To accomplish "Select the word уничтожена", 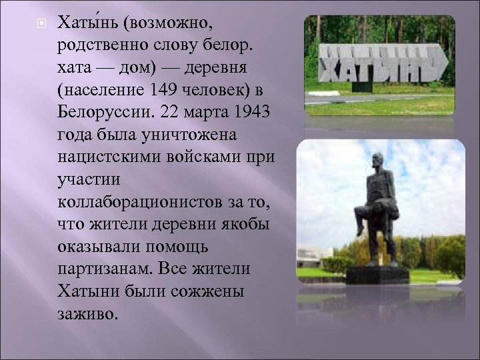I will pyautogui.click(x=189, y=134).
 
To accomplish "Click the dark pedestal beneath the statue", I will pyautogui.click(x=377, y=274).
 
